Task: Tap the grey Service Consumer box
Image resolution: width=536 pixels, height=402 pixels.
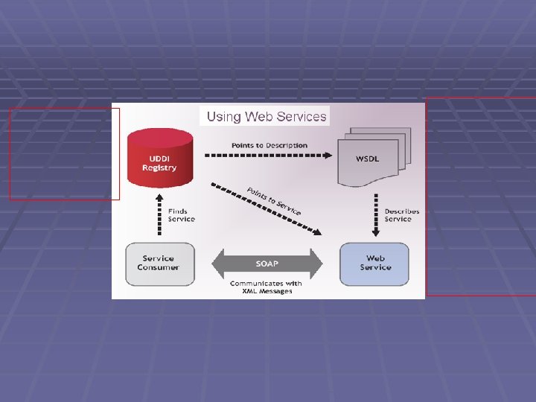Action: point(160,264)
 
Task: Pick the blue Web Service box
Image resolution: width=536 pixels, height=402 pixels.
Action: point(374,264)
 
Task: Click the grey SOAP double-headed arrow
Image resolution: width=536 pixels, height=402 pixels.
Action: point(268,264)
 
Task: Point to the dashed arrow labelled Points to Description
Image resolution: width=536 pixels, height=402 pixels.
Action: point(268,156)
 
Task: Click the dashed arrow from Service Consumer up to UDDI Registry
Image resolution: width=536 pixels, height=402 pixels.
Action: point(160,216)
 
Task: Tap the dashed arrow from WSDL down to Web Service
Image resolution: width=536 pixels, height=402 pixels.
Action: point(374,216)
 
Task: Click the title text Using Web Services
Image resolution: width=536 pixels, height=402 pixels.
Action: point(267,116)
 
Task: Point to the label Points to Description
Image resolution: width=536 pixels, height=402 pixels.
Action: point(269,145)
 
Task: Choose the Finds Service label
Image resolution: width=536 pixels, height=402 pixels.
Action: point(181,215)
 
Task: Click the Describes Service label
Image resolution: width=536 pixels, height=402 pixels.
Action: point(402,215)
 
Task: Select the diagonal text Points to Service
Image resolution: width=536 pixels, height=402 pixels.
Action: point(274,200)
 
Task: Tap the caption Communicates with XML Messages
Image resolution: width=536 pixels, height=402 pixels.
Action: point(267,287)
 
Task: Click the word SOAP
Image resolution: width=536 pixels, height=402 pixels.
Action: point(268,264)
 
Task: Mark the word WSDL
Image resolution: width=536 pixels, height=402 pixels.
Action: point(368,159)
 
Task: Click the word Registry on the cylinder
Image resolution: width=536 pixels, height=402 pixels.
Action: point(160,168)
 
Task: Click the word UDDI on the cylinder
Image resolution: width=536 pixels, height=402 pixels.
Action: point(160,159)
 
